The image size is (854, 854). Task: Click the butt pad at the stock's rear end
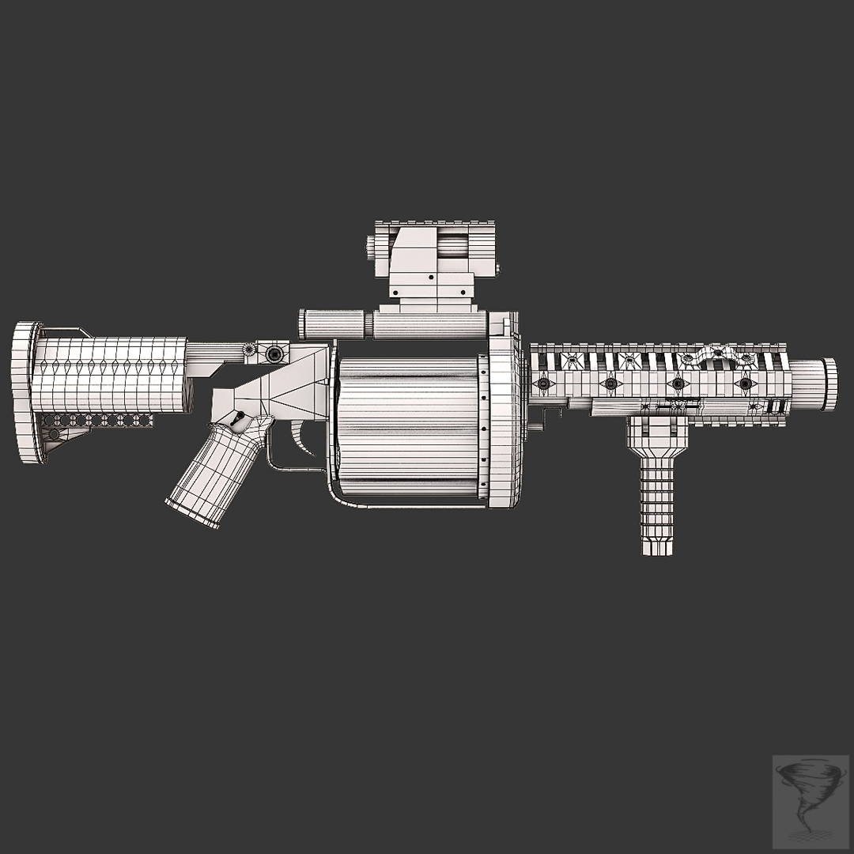[27, 392]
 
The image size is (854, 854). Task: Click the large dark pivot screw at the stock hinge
[274, 353]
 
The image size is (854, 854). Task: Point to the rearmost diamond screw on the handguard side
[544, 384]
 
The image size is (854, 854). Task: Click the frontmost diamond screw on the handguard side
[744, 384]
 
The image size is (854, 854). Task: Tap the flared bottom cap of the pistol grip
[191, 513]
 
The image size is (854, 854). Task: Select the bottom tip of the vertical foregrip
[658, 547]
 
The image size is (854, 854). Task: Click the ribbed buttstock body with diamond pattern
[111, 372]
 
